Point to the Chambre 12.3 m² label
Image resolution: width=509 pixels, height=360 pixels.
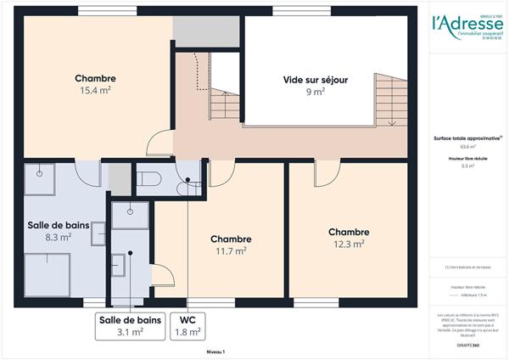tap(347, 237)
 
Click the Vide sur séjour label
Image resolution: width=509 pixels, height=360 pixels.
tap(315, 85)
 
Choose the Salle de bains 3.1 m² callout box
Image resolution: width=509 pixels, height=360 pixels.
tap(130, 327)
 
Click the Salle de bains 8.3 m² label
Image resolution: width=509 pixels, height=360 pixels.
tap(53, 231)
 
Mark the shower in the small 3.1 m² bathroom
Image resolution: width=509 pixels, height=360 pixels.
tap(130, 214)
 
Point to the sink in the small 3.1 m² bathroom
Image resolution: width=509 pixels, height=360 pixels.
tap(119, 267)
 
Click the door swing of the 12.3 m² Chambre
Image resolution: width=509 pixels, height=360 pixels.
tap(327, 174)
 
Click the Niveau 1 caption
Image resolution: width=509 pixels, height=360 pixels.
tap(215, 351)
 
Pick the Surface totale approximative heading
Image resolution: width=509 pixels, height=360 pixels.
tap(464, 138)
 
